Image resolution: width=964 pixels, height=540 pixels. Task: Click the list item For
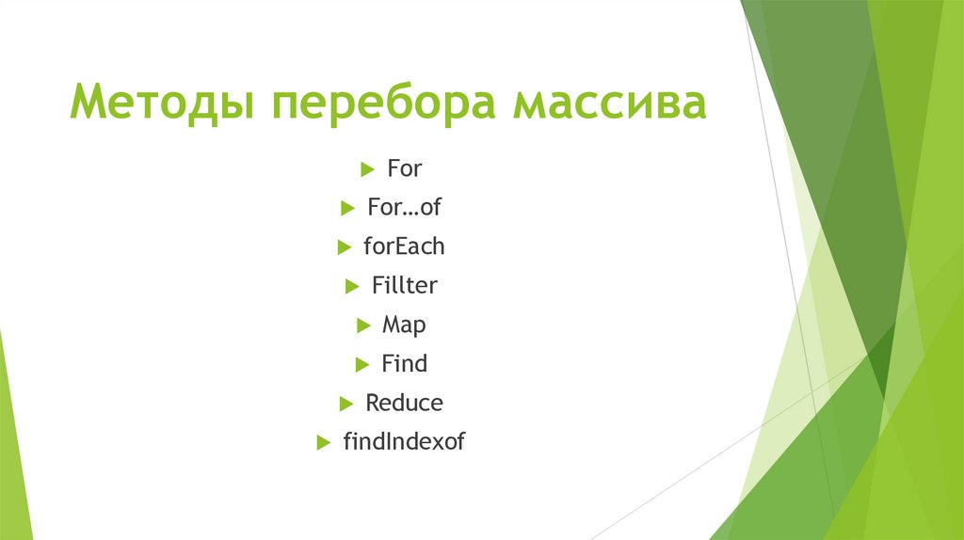point(405,169)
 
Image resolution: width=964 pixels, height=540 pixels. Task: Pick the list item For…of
point(404,208)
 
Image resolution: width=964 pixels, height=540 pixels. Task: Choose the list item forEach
point(404,246)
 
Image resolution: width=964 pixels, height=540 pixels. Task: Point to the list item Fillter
point(404,285)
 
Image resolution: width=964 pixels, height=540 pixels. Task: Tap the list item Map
point(404,325)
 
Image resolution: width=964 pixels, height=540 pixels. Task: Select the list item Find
point(404,363)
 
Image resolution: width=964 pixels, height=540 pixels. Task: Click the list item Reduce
point(404,403)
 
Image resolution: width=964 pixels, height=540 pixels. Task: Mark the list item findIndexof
point(404,441)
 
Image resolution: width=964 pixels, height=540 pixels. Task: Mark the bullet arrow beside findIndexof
point(323,442)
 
